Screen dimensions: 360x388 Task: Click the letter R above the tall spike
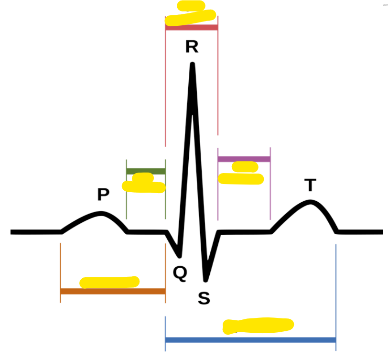pyautogui.click(x=192, y=47)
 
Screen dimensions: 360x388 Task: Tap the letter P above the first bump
pyautogui.click(x=103, y=195)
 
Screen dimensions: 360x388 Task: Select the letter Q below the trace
pyautogui.click(x=180, y=273)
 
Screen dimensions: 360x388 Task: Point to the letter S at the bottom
pyautogui.click(x=204, y=298)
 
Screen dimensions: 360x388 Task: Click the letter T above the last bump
pyautogui.click(x=311, y=185)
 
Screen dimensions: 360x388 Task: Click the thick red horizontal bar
pyautogui.click(x=192, y=27)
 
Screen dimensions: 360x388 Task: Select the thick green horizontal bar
pyautogui.click(x=146, y=171)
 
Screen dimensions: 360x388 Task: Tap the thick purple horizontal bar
pyautogui.click(x=244, y=159)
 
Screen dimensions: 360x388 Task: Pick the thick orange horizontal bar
pyautogui.click(x=113, y=291)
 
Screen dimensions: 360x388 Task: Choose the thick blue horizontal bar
pyautogui.click(x=250, y=340)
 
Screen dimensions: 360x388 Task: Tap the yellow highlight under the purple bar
pyautogui.click(x=241, y=174)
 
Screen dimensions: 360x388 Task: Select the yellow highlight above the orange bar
pyautogui.click(x=109, y=282)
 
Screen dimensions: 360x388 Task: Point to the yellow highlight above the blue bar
pyautogui.click(x=258, y=326)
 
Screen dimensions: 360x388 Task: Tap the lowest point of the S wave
pyautogui.click(x=206, y=279)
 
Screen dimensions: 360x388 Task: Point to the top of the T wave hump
pyautogui.click(x=311, y=201)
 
